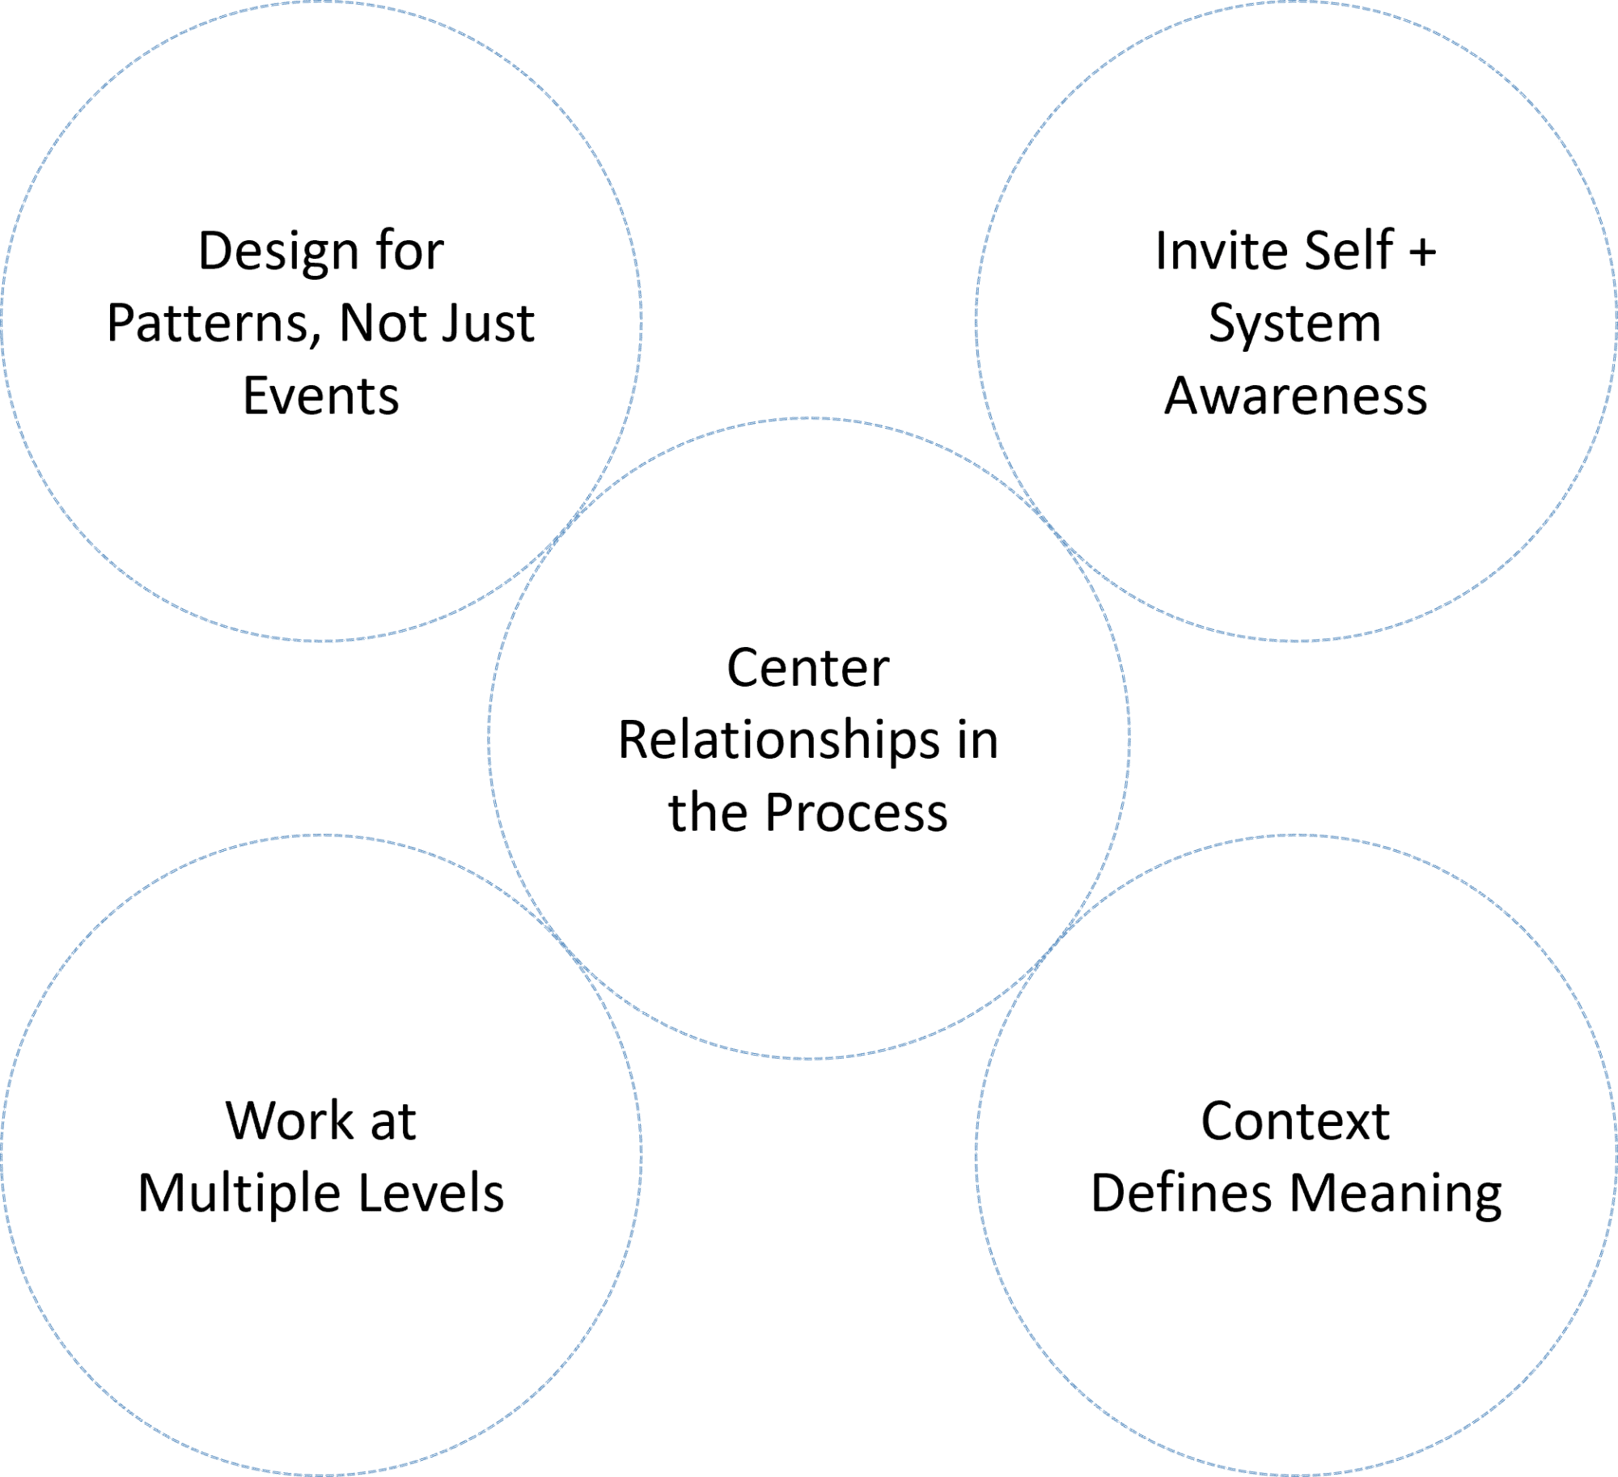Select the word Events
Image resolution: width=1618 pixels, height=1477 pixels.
[321, 396]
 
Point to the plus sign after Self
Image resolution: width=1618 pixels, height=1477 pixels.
[1422, 252]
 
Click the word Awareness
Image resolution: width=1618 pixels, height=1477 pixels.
[1296, 396]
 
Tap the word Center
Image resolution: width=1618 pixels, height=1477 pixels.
[808, 668]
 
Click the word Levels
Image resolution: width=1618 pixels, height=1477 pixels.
[431, 1194]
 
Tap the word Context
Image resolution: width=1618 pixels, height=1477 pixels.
[1295, 1121]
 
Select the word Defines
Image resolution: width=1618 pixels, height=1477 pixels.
[1181, 1194]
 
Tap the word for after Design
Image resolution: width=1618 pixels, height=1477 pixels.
[409, 252]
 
